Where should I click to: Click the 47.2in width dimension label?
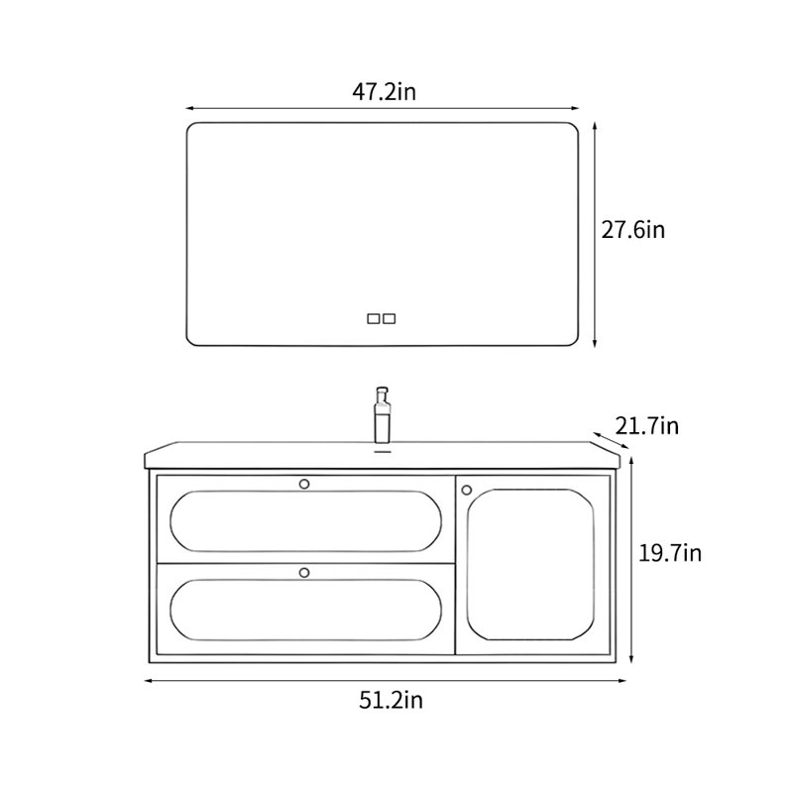coord(384,92)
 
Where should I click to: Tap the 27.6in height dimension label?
coord(632,230)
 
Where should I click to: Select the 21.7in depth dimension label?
coord(647,426)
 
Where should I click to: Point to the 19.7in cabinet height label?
coord(670,553)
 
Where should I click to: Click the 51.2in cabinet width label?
coord(391,701)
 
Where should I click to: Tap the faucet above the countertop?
coord(382,415)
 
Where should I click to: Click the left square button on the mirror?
coord(374,318)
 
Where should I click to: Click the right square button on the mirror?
coord(390,318)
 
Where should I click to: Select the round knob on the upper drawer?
coord(304,484)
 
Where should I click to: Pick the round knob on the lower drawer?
coord(304,573)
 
